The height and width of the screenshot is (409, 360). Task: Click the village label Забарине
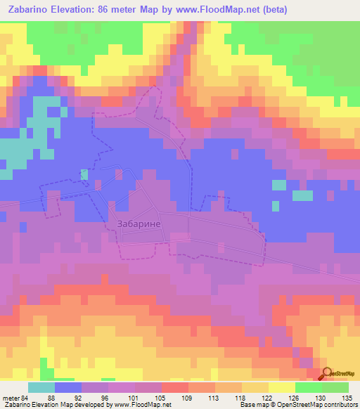tap(137, 224)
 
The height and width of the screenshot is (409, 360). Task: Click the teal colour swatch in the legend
tap(42, 387)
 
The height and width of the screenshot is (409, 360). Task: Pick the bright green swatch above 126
tap(308, 387)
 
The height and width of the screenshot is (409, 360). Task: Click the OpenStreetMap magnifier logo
tap(327, 375)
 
